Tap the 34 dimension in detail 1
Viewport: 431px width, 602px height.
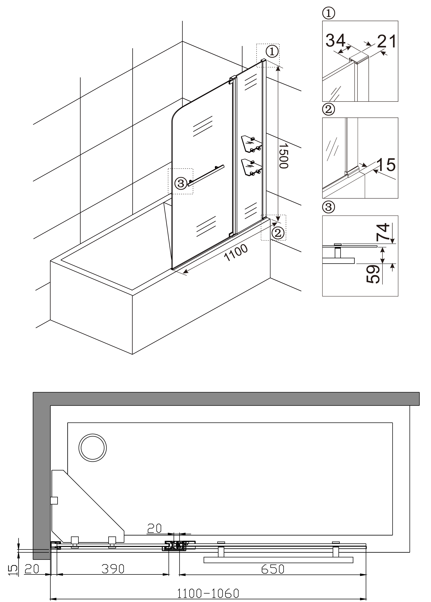pyautogui.click(x=335, y=40)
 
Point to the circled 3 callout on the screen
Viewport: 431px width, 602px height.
pyautogui.click(x=181, y=183)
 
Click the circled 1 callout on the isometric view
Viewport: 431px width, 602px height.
pyautogui.click(x=272, y=52)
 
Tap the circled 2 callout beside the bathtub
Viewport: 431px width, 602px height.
pyautogui.click(x=278, y=233)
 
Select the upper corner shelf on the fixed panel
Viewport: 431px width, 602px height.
pyautogui.click(x=252, y=144)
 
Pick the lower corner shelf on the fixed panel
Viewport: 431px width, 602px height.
pyautogui.click(x=252, y=168)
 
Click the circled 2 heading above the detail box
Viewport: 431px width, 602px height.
pyautogui.click(x=329, y=109)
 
